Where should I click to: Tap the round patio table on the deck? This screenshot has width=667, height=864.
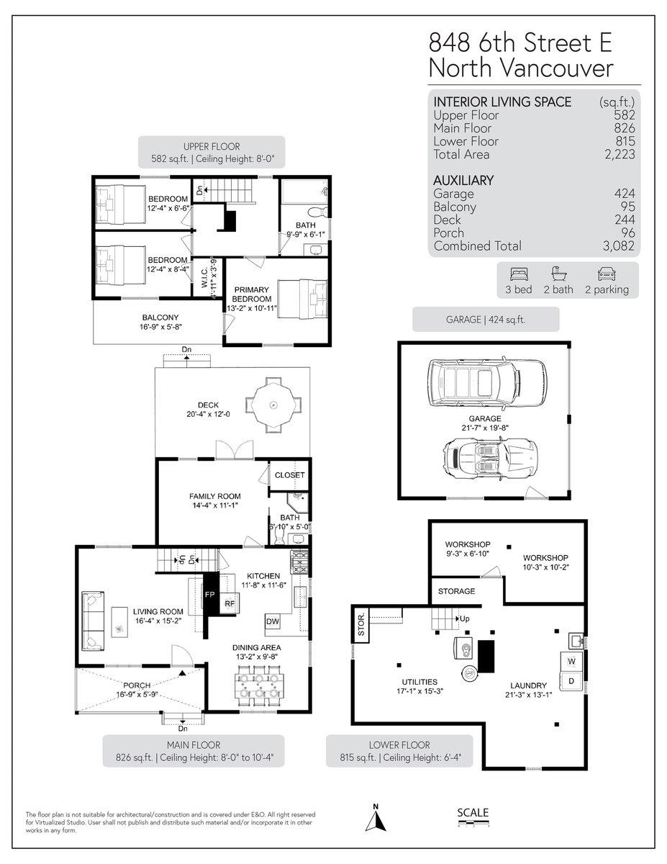[273, 407]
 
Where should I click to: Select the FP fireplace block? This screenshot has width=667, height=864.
[210, 594]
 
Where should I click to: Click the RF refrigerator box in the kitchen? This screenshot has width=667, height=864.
[230, 603]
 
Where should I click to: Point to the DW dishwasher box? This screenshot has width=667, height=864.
[273, 621]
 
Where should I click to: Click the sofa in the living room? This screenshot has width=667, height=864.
[93, 619]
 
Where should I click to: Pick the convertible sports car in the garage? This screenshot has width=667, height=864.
[489, 457]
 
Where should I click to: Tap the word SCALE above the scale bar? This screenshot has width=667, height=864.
[473, 813]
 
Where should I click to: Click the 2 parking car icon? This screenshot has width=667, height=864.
[605, 274]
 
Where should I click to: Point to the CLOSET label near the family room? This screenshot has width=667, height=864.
[290, 475]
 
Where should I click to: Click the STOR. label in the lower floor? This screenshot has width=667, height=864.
[361, 624]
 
